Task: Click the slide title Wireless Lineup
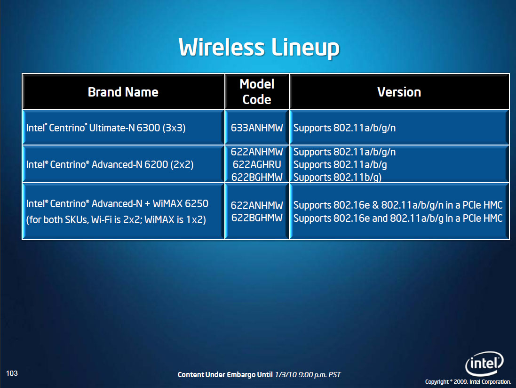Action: click(259, 48)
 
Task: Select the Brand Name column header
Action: click(123, 92)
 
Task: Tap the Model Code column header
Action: click(257, 91)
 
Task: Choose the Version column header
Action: click(399, 92)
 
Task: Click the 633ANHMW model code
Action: click(257, 128)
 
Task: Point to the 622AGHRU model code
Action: click(257, 164)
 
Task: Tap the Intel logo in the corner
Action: click(484, 364)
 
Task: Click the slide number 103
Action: click(12, 373)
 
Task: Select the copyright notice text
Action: click(468, 382)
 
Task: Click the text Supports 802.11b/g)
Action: click(337, 177)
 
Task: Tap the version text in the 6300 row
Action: click(344, 128)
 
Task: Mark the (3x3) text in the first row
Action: click(174, 128)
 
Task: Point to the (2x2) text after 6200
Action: click(182, 164)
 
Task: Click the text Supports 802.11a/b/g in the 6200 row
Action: click(340, 164)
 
